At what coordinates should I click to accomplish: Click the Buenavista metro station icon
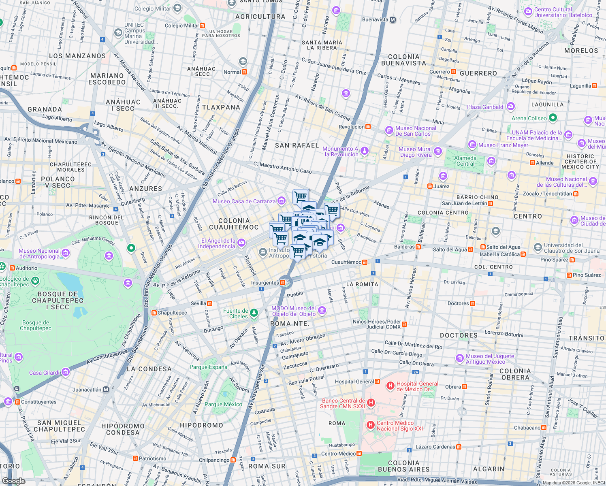click(393, 19)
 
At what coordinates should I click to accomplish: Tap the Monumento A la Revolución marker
click(365, 151)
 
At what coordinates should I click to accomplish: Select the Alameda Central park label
click(465, 161)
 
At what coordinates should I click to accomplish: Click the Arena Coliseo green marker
click(553, 118)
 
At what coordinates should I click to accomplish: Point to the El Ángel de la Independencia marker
click(241, 243)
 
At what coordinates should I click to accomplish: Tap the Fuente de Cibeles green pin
click(254, 313)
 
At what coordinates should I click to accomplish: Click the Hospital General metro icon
click(378, 382)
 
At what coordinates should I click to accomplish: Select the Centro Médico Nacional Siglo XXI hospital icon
click(370, 425)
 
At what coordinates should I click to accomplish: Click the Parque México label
click(223, 404)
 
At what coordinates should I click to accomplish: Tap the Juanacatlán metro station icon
click(106, 390)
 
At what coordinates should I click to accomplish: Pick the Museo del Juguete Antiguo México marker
click(459, 358)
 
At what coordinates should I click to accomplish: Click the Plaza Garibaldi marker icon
click(511, 107)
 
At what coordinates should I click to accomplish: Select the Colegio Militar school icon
click(177, 8)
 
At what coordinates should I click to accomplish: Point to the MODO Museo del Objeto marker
click(322, 311)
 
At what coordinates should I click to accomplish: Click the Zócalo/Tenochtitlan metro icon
click(576, 194)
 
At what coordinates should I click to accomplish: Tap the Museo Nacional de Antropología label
click(39, 254)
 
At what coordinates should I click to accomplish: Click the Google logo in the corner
click(14, 481)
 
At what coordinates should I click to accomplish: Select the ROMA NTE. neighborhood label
click(290, 324)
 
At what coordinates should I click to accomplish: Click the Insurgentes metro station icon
click(283, 283)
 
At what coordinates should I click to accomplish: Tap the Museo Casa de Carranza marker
click(282, 201)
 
